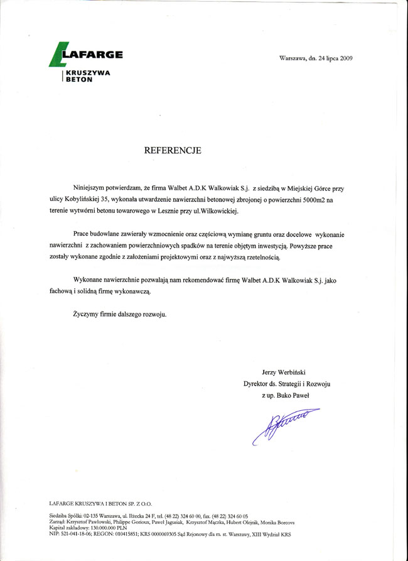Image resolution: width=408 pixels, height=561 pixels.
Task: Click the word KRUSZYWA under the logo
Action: click(x=88, y=73)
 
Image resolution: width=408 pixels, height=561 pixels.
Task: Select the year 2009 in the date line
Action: click(x=346, y=58)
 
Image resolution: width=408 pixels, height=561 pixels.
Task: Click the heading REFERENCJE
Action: click(x=173, y=151)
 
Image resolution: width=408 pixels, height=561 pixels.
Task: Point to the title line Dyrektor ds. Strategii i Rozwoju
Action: click(x=287, y=383)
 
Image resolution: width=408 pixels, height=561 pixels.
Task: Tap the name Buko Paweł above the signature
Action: click(x=294, y=395)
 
